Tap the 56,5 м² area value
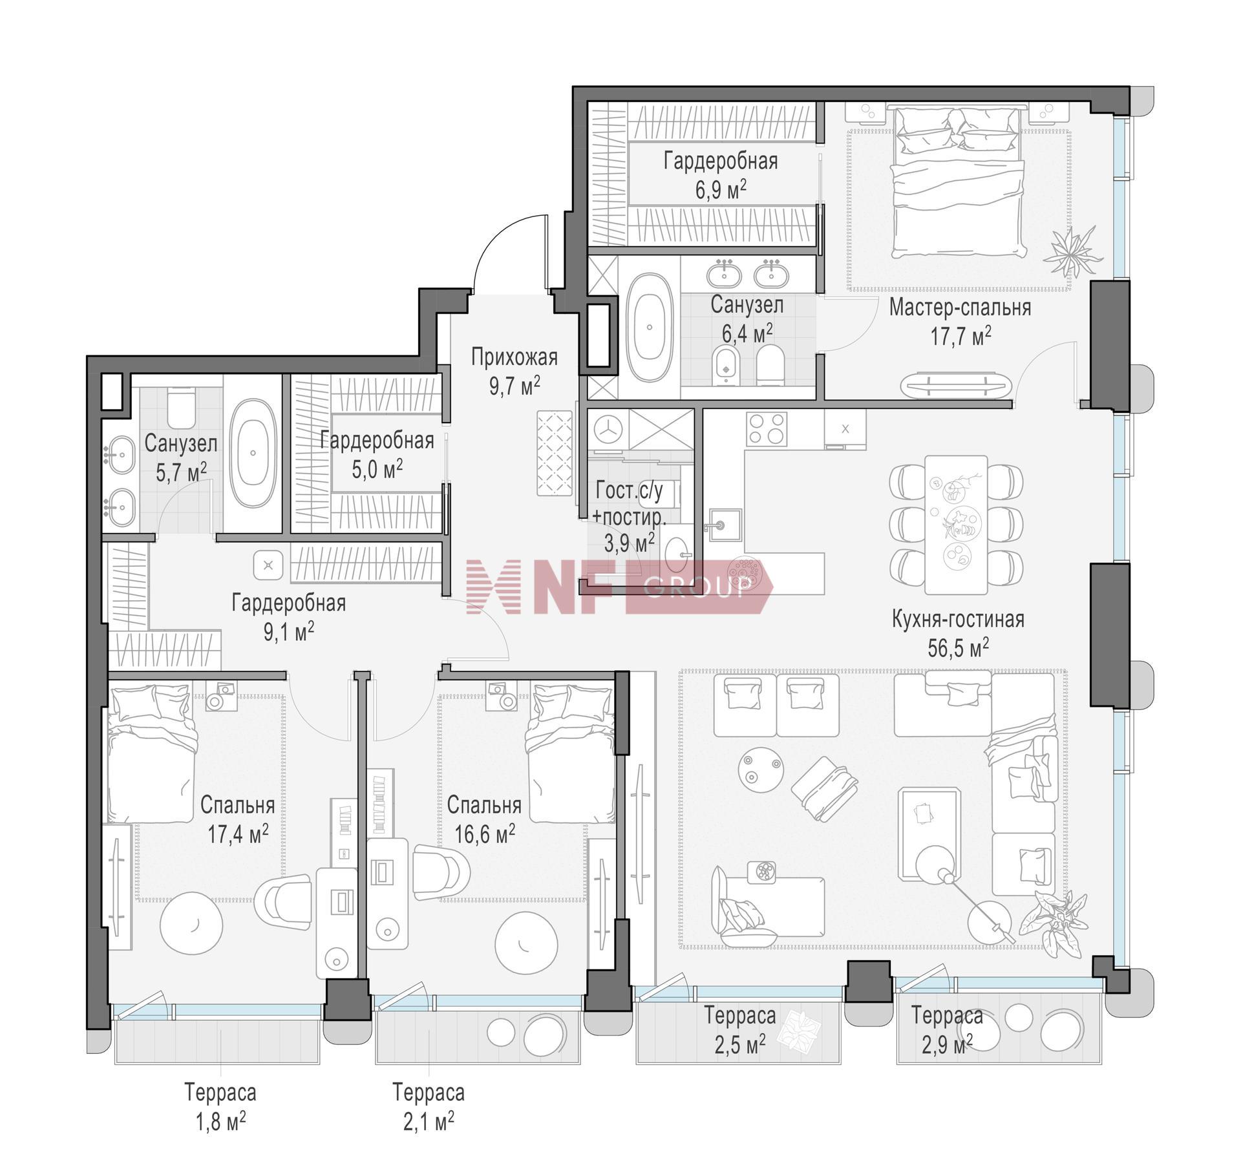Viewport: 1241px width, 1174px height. coord(958,647)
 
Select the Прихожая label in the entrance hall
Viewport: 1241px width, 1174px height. coord(514,357)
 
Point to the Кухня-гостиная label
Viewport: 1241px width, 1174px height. coord(958,619)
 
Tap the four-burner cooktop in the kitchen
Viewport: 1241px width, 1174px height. coord(767,429)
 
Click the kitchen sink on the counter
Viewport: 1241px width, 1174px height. coord(725,527)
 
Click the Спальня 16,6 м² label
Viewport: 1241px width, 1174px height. coord(484,819)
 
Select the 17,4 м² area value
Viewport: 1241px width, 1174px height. coord(238,834)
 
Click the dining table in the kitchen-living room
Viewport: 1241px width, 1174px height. coord(956,525)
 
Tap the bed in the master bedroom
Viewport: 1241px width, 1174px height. coord(958,183)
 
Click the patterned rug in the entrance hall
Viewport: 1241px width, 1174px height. coord(555,454)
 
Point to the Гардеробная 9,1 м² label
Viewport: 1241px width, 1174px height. coord(289,617)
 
